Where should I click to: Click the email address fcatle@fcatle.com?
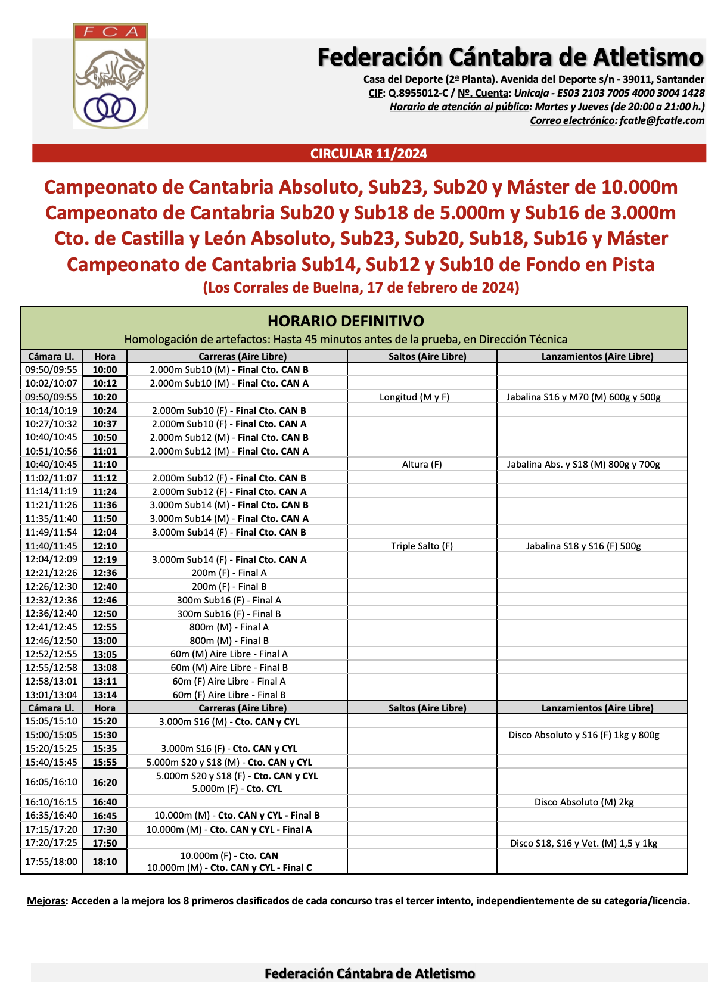[661, 120]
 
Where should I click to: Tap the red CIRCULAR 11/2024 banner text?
[369, 154]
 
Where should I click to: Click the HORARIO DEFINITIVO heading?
[346, 321]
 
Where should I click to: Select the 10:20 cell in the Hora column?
[105, 397]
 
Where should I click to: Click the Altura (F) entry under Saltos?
[422, 464]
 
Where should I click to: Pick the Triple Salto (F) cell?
[422, 546]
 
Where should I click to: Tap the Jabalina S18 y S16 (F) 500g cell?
[583, 546]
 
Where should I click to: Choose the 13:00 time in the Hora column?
[105, 640]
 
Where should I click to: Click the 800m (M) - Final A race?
[229, 627]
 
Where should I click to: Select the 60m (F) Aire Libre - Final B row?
[229, 695]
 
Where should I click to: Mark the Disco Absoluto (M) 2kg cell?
[584, 802]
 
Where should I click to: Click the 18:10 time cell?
[105, 861]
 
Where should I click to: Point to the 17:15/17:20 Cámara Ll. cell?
[51, 829]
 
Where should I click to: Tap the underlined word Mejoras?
[46, 901]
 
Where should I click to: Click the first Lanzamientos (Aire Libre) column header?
[597, 356]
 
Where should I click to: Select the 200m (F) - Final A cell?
[229, 573]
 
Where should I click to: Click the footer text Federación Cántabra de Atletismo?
[369, 973]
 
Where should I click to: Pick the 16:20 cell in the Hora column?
[105, 782]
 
